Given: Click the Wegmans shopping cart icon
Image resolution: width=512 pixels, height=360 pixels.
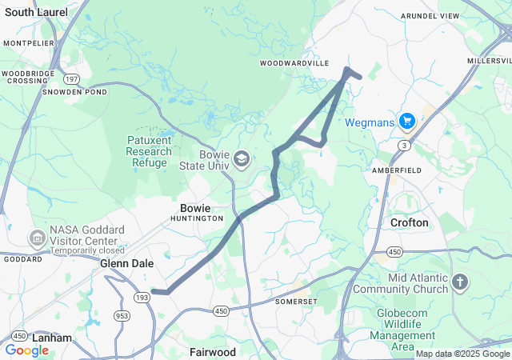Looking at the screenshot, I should [407, 121].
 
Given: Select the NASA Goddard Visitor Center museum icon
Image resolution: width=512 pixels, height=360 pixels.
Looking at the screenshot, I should [37, 238].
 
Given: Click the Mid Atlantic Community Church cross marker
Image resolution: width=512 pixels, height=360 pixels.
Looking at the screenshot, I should [459, 282].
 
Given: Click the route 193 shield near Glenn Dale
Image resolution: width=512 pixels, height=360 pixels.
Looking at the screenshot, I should [142, 297].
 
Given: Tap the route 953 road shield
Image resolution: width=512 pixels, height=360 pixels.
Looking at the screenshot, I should [122, 314].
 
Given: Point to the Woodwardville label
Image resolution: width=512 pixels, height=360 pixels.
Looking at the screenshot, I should [294, 62].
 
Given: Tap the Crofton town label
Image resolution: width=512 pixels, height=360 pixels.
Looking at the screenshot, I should [409, 222].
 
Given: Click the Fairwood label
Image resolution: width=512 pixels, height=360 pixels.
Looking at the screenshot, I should [213, 351].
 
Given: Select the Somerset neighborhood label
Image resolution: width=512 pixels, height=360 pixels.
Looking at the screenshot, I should [297, 302].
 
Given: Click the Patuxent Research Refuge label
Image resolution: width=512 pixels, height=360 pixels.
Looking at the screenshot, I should [149, 151].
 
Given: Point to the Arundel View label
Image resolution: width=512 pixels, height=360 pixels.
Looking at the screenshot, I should [453, 16].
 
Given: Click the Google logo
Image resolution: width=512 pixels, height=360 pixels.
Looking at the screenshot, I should [26, 350].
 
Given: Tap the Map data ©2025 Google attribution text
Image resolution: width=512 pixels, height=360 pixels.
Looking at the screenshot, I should [462, 354].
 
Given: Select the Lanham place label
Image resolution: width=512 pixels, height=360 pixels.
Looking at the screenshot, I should [51, 338].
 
